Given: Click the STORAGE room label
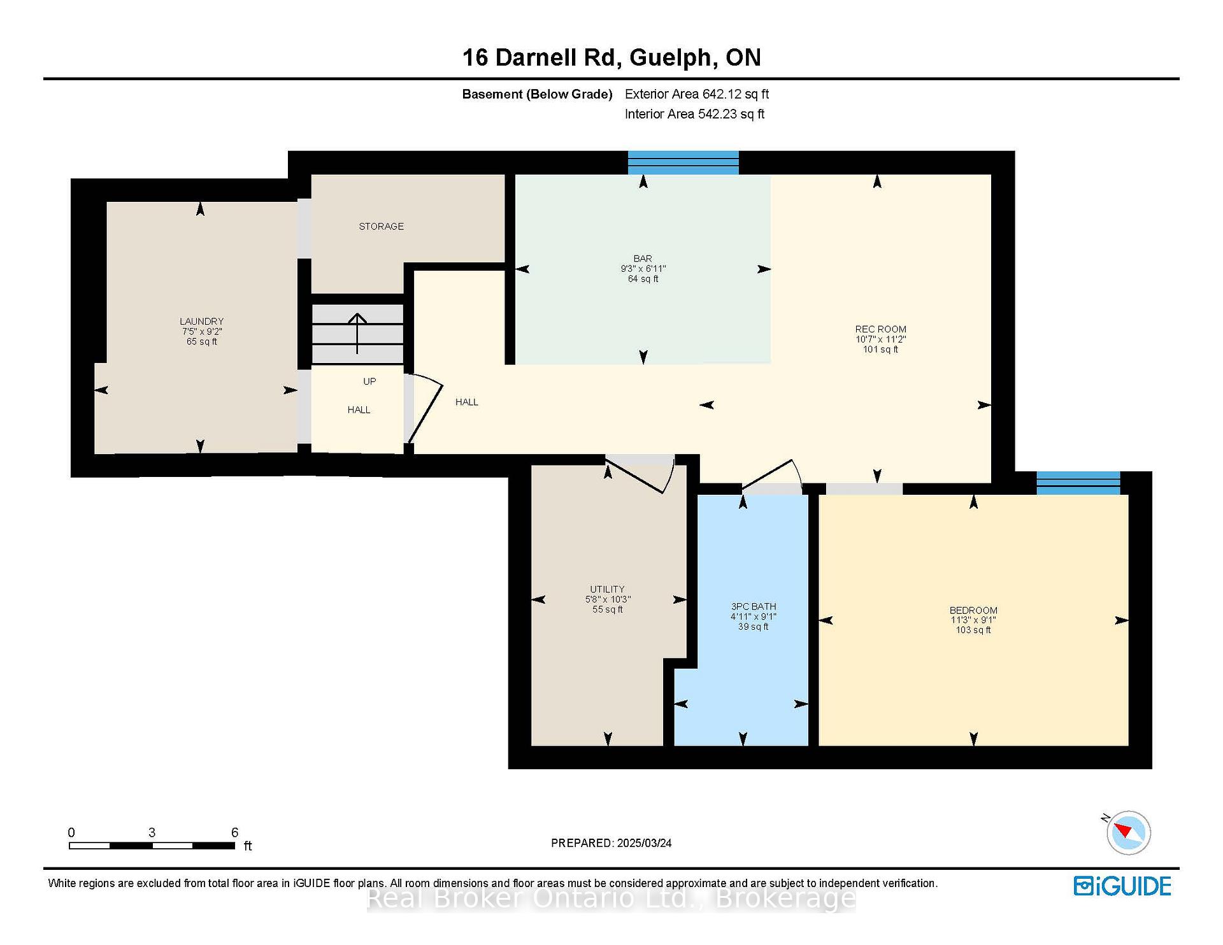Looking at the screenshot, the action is click(x=381, y=226).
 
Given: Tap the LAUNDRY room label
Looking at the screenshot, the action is click(x=201, y=322).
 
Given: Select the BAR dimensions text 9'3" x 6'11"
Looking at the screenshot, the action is click(x=643, y=269).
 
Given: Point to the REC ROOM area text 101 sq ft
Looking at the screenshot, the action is click(x=880, y=350).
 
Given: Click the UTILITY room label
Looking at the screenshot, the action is click(x=607, y=590).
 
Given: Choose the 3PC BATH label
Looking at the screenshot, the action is click(x=754, y=607).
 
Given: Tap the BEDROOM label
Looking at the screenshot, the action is click(x=973, y=610).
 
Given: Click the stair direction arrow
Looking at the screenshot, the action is click(x=357, y=333).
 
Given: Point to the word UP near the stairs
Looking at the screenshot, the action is click(x=369, y=381).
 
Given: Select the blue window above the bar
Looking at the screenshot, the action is click(x=683, y=162).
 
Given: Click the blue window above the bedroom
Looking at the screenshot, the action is click(x=1078, y=483).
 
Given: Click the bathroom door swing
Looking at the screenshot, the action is click(x=772, y=475).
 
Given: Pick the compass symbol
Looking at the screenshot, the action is click(x=1128, y=832).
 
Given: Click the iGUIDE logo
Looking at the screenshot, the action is click(x=1122, y=886).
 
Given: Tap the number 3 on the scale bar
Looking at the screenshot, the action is click(x=152, y=832).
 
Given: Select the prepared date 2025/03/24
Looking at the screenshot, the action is click(x=644, y=843).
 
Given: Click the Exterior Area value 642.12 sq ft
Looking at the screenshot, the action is click(x=736, y=94).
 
